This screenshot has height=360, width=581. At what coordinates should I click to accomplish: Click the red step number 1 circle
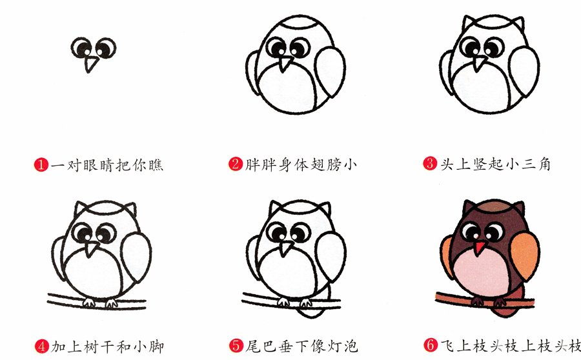coord(41,165)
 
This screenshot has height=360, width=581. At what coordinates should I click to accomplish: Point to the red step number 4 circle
coord(41,346)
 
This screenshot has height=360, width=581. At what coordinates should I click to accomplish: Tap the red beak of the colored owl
coord(479,248)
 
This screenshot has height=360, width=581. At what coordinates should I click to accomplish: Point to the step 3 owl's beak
coord(480,63)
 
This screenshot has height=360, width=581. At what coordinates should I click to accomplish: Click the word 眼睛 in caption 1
coord(90,165)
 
